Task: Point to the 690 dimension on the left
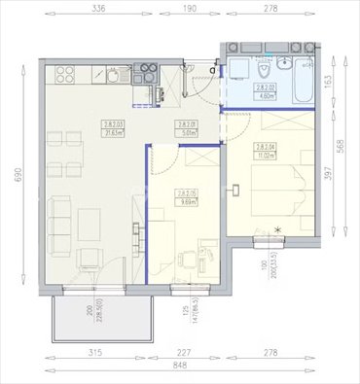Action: coord(13,176)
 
